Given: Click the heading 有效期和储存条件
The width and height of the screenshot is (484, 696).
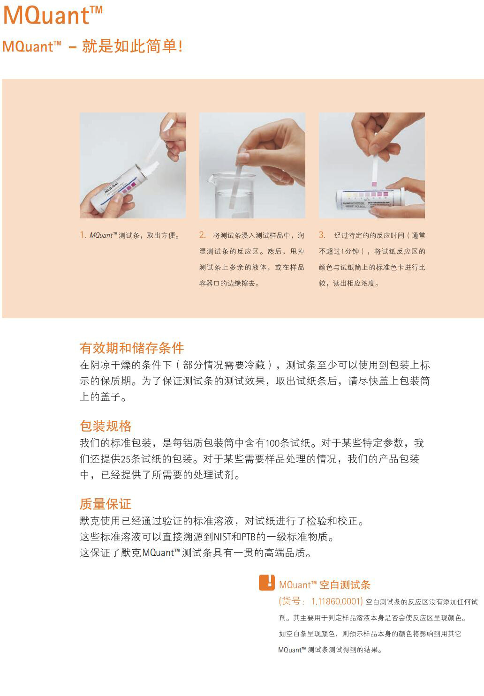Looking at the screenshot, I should click(132, 348).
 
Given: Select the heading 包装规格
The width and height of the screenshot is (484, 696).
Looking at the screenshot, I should click(106, 426).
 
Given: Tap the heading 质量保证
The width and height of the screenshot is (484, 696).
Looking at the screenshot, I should click(106, 504).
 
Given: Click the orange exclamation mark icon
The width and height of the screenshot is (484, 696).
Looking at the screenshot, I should click(267, 583).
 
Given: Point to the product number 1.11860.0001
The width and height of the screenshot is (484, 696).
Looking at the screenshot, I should click(337, 601).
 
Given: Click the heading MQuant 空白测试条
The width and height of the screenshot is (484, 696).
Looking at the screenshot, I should click(325, 584).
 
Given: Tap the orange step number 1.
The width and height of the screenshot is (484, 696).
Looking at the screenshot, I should click(83, 235).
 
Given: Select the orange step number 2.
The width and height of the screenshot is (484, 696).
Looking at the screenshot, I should click(202, 235).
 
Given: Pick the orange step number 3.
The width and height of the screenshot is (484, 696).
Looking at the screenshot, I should click(322, 235).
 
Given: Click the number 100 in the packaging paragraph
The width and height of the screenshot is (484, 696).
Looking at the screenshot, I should click(272, 443).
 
